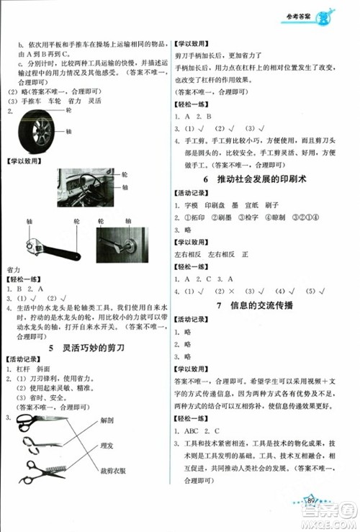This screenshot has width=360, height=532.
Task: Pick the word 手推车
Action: click(27, 102)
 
